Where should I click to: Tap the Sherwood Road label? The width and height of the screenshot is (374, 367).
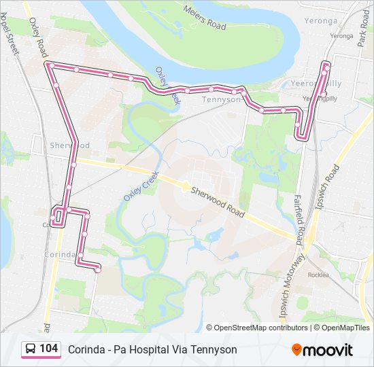coord(217,203)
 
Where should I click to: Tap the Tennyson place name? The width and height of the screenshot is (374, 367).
coord(222,99)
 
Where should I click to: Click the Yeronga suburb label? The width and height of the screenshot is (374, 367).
coord(341,21)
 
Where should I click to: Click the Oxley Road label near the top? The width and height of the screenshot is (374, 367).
coord(38,38)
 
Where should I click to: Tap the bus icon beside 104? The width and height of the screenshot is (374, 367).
coord(31,349)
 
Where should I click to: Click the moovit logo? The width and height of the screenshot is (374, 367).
coord(322,350)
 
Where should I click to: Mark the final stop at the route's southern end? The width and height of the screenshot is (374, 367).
coord(97,270)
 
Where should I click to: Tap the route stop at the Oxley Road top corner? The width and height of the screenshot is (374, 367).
coord(50,65)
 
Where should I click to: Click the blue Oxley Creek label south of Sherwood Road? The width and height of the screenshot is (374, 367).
coord(141,185)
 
